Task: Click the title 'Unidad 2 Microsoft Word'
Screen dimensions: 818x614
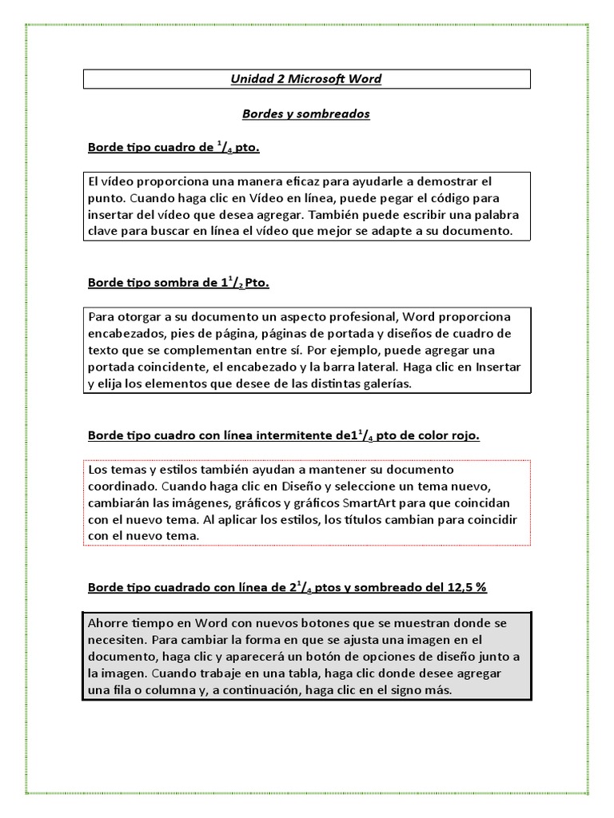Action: click(306, 79)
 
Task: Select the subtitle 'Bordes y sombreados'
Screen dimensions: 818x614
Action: click(306, 114)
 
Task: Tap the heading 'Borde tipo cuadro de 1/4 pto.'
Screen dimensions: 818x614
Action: click(173, 149)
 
